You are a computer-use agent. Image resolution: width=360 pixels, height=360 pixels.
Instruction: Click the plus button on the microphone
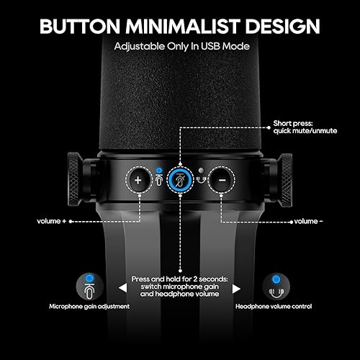tap(138, 179)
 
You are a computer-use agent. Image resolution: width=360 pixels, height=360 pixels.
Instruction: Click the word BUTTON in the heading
tap(84, 27)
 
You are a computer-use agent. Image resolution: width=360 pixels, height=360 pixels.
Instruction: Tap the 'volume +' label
tap(56, 222)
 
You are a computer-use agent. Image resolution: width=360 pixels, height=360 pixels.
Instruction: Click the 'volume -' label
tap(308, 222)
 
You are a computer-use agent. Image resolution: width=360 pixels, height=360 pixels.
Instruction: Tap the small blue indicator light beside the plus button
tap(159, 170)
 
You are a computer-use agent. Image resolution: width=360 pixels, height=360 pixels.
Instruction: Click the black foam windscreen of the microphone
tap(180, 101)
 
